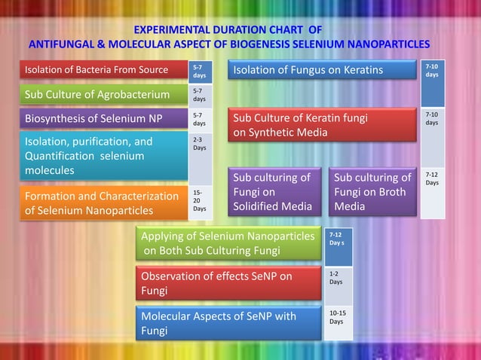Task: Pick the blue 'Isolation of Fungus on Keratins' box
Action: pos(322,71)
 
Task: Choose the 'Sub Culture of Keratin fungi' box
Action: pos(322,126)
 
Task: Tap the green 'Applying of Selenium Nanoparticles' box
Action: pos(229,243)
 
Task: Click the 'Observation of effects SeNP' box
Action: pos(229,283)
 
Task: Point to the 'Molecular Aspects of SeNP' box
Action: pos(229,323)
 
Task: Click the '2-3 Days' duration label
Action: pos(200,144)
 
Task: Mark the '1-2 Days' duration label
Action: pos(337,277)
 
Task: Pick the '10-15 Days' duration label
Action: pos(338,317)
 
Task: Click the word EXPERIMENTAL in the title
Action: pos(172,30)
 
